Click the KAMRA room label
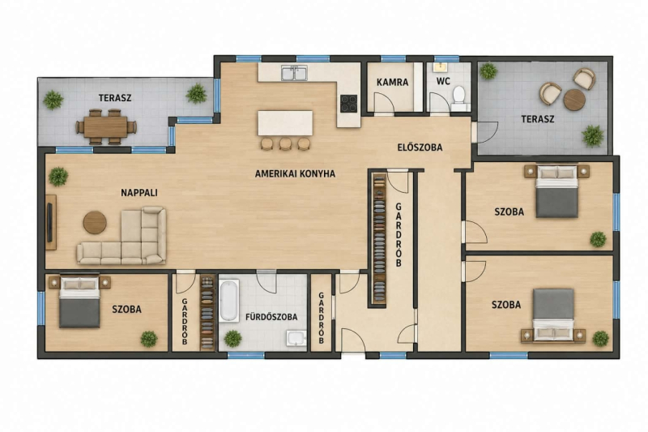pyautogui.click(x=392, y=82)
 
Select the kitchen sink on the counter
pyautogui.click(x=294, y=73)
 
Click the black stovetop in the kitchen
pyautogui.click(x=349, y=104)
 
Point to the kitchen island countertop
pyautogui.click(x=285, y=122)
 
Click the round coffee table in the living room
pyautogui.click(x=95, y=222)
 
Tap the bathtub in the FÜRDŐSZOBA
pyautogui.click(x=229, y=301)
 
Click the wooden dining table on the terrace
pyautogui.click(x=105, y=126)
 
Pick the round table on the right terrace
pyautogui.click(x=574, y=100)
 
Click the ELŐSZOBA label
pyautogui.click(x=420, y=148)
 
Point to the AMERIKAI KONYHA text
pyautogui.click(x=295, y=173)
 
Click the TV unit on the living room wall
pyautogui.click(x=51, y=222)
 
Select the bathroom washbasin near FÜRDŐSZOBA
pyautogui.click(x=296, y=338)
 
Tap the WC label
pyautogui.click(x=443, y=81)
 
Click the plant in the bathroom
pyautogui.click(x=232, y=339)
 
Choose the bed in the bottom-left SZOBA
pyautogui.click(x=79, y=302)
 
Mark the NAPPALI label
pyautogui.click(x=139, y=193)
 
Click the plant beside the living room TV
pyautogui.click(x=58, y=177)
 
